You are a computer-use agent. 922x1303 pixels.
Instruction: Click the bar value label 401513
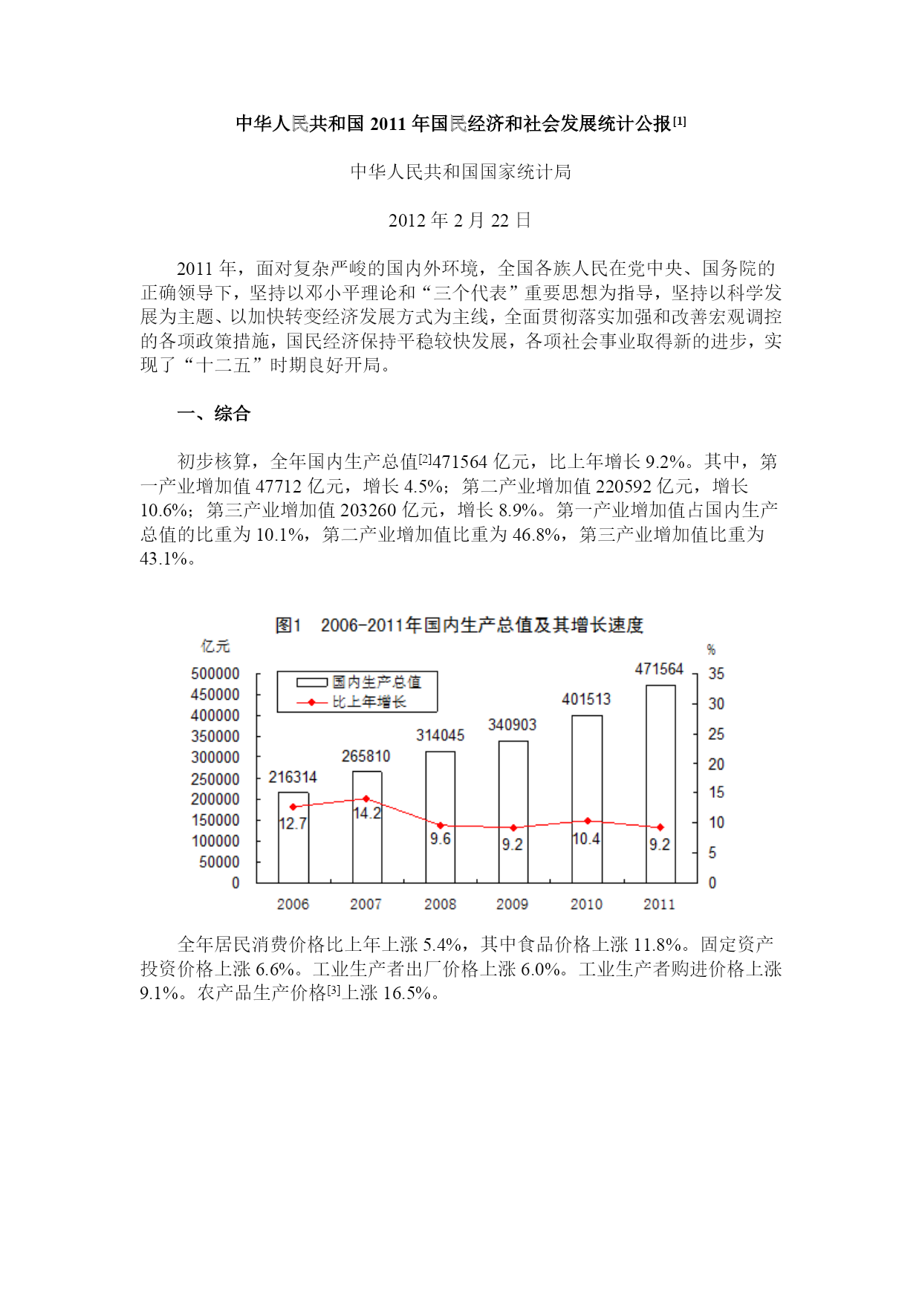pos(586,699)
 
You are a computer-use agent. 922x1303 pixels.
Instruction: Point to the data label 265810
pos(366,756)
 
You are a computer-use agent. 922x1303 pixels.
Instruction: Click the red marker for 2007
pos(366,799)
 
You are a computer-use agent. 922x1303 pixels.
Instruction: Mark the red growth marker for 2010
pos(588,821)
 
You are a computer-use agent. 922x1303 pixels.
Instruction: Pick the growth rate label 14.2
pos(366,813)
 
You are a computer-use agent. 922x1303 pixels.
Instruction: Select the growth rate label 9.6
pos(440,839)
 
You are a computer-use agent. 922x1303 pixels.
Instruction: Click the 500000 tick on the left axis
pos(215,674)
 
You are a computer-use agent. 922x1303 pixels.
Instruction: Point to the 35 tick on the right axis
pos(715,674)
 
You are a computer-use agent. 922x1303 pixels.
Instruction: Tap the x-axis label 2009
pos(512,904)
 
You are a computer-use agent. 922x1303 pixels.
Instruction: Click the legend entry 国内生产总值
pos(376,682)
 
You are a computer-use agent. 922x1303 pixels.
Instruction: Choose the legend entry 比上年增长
pos(369,702)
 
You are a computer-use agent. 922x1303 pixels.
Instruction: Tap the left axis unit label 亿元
pos(215,646)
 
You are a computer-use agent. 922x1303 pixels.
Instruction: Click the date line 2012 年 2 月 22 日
pos(460,221)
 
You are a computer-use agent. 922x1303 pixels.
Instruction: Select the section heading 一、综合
pos(214,414)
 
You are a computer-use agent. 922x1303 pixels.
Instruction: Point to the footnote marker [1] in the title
pos(679,121)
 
